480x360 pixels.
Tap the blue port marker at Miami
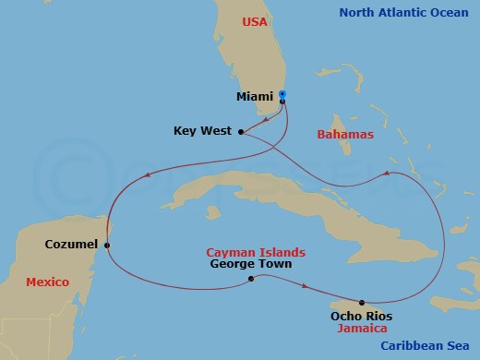tap(282, 94)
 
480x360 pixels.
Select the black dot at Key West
tap(241, 132)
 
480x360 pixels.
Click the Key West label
tap(200, 131)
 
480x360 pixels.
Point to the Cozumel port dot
tap(108, 245)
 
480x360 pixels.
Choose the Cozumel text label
tap(72, 245)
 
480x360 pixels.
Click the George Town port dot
tap(251, 278)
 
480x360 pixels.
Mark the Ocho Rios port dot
tap(362, 302)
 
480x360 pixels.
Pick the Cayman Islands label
tap(256, 251)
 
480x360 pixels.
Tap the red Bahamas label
tap(344, 135)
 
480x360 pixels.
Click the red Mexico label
tap(48, 282)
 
